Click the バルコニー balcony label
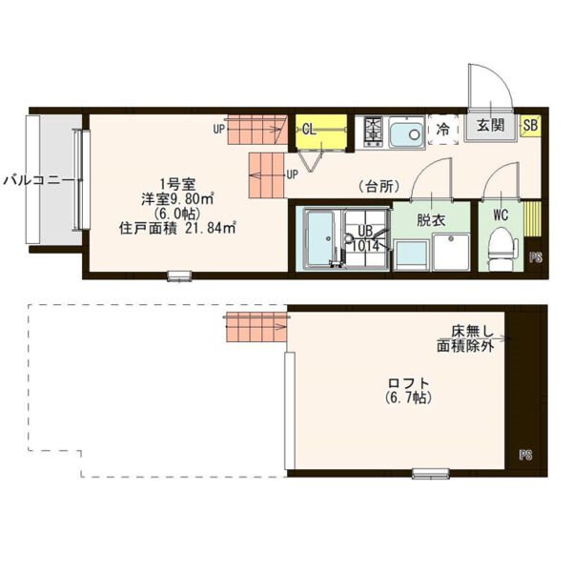(37, 180)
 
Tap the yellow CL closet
(321, 132)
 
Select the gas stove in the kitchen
(373, 132)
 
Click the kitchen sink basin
(407, 133)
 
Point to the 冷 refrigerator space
(443, 130)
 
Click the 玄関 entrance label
(491, 125)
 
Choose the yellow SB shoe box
(530, 125)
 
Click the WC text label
(500, 214)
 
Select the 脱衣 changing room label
(431, 220)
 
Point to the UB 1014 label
(365, 238)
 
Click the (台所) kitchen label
(378, 187)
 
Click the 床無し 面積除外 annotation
(466, 338)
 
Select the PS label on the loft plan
(525, 455)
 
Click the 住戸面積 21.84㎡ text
(177, 228)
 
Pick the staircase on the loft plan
(256, 327)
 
